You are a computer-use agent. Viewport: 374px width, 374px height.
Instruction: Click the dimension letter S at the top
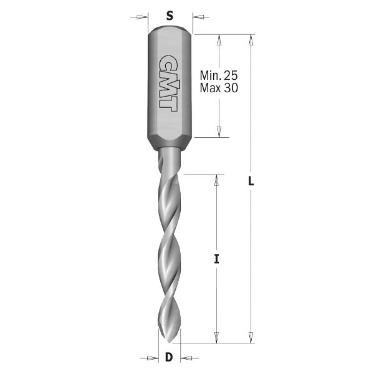click(x=170, y=16)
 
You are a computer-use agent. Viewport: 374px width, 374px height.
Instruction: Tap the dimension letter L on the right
click(x=251, y=181)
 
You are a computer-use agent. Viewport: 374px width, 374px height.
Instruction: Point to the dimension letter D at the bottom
click(x=168, y=358)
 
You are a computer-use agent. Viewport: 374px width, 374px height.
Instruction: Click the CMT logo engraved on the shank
click(x=167, y=82)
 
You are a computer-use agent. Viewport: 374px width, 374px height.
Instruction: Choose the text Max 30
click(x=219, y=89)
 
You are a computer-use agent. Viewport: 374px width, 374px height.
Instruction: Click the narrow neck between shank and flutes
click(x=169, y=153)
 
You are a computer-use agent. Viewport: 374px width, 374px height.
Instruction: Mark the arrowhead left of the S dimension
click(x=143, y=16)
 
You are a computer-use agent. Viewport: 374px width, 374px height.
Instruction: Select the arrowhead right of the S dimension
click(x=198, y=16)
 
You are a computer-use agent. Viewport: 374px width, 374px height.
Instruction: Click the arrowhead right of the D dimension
click(x=186, y=358)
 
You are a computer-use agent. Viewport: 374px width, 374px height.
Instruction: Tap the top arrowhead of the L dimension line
click(x=251, y=39)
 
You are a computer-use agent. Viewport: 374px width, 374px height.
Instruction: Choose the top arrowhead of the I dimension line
click(x=216, y=180)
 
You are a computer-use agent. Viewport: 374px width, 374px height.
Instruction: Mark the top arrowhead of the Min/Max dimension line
click(x=219, y=39)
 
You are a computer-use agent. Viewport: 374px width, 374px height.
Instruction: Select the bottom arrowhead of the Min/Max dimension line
click(x=219, y=132)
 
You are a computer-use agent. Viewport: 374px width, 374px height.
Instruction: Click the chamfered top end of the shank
click(x=170, y=29)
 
